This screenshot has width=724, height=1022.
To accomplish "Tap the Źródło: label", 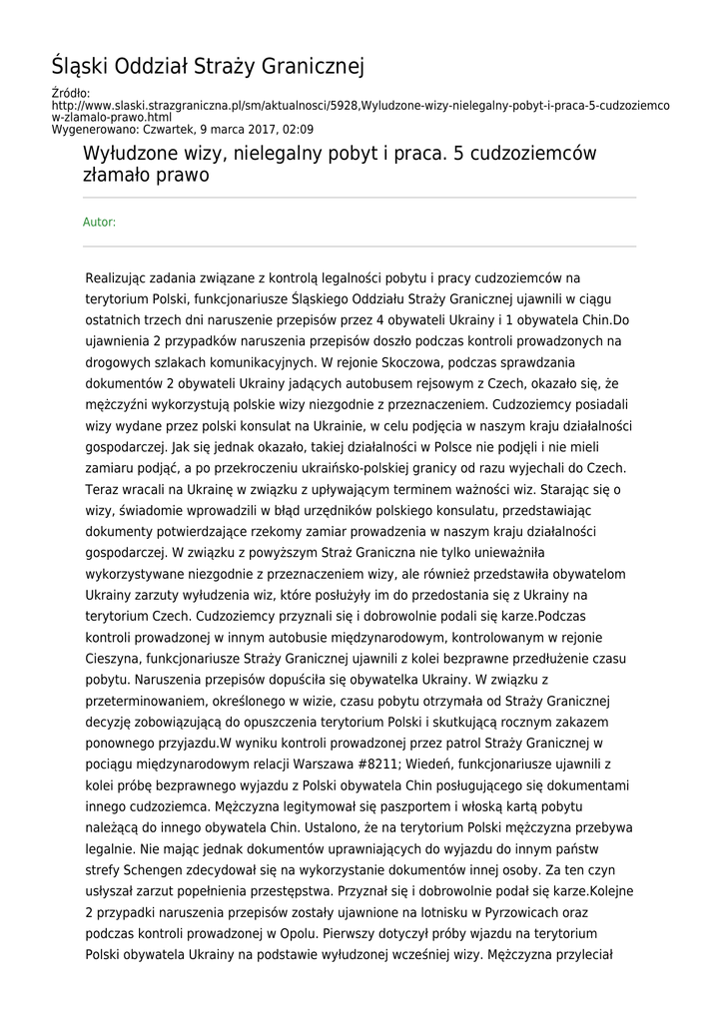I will [x=70, y=94].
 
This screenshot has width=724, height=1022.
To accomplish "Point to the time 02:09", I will [x=296, y=129].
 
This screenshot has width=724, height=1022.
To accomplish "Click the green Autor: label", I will [x=99, y=222].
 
